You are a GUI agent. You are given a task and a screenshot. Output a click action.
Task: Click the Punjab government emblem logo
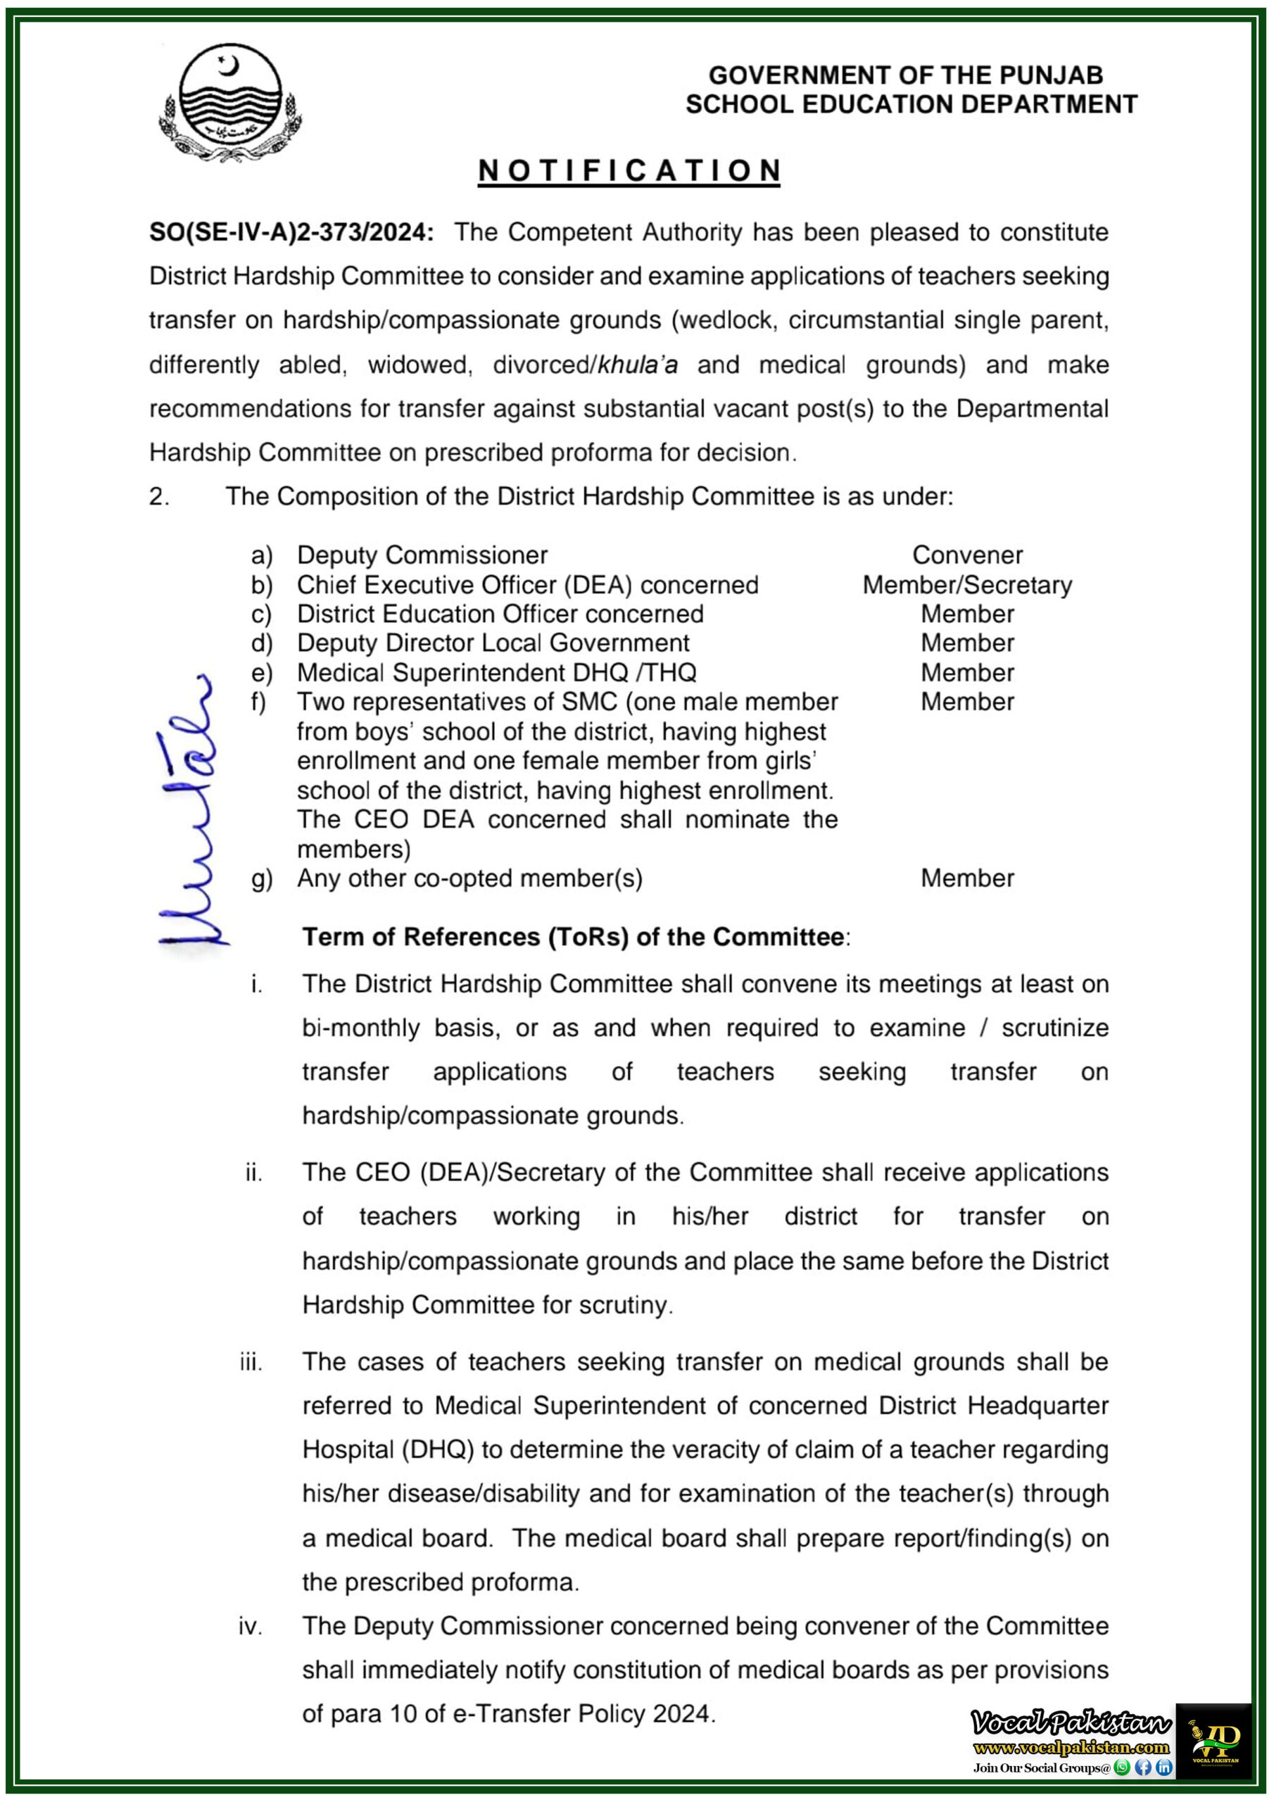[x=229, y=103]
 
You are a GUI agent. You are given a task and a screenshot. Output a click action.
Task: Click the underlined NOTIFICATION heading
[x=629, y=171]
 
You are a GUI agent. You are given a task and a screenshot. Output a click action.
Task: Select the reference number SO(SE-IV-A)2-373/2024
[x=291, y=233]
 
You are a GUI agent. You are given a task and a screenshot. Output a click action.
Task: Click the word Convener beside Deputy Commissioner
[x=967, y=555]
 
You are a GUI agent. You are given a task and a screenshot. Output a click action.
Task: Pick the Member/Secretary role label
[x=967, y=586]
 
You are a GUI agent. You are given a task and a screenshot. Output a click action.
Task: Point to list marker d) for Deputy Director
[x=261, y=643]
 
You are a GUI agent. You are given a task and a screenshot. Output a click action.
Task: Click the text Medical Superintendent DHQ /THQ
[x=496, y=673]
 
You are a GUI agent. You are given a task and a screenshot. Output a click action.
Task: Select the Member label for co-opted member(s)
[x=967, y=878]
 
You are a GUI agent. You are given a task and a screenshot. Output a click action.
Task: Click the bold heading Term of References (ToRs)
[x=574, y=937]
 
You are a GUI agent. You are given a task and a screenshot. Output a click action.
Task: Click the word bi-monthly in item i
[x=360, y=1028]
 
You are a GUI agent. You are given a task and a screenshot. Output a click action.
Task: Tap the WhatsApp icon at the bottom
[x=1122, y=1768]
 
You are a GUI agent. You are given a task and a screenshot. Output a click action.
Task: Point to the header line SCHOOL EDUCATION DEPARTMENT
[x=911, y=104]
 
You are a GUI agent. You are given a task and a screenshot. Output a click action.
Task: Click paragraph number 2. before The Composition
[x=158, y=497]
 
